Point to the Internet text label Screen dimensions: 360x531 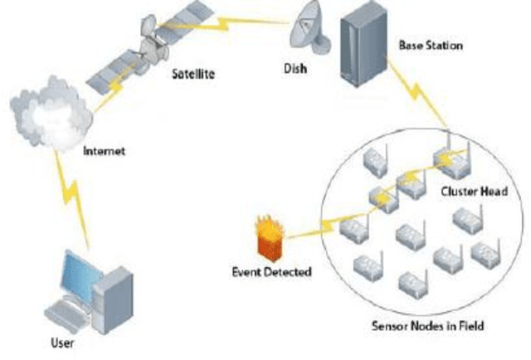click(x=104, y=152)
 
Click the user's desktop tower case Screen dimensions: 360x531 click(x=112, y=298)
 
